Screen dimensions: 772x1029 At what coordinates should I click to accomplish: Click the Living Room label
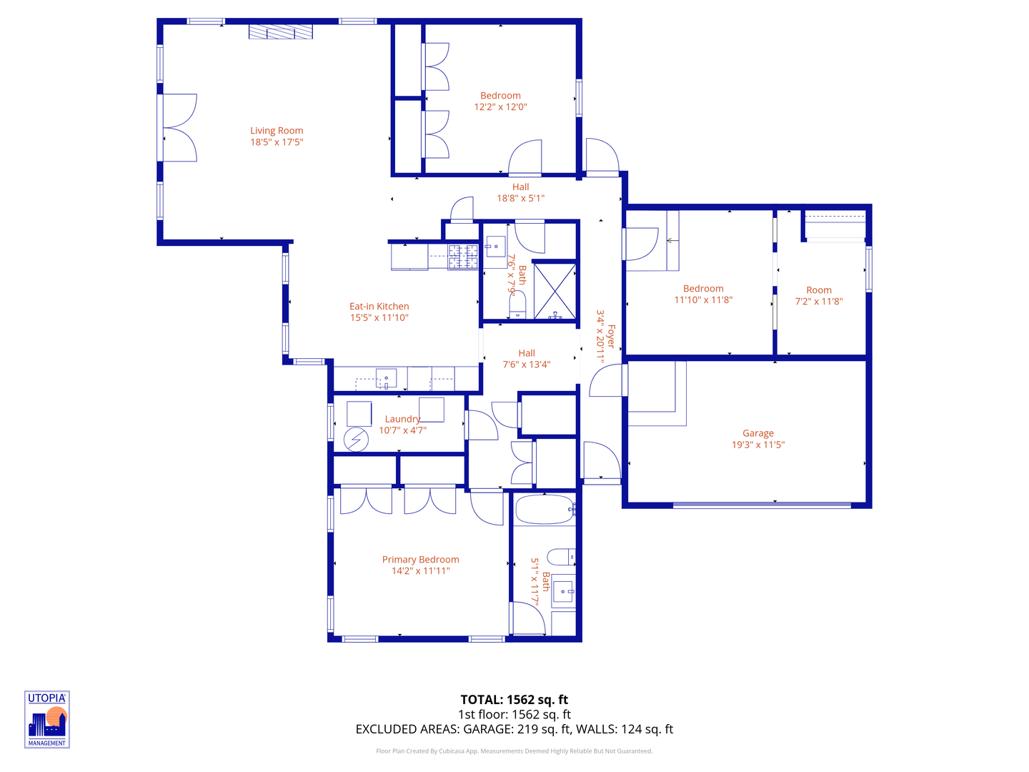click(277, 131)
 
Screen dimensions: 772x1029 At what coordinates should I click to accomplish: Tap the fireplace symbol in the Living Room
click(281, 32)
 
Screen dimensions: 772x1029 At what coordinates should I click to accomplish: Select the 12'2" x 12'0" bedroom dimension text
click(500, 107)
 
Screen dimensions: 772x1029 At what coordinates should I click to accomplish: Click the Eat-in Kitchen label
click(379, 307)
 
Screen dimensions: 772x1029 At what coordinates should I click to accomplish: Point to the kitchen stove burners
click(463, 257)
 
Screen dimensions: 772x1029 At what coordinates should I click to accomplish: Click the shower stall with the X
click(555, 291)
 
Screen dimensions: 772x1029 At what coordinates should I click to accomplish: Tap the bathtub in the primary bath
click(544, 510)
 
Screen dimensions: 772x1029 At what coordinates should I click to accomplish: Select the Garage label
click(757, 433)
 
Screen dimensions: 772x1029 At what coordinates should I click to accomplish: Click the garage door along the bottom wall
click(762, 505)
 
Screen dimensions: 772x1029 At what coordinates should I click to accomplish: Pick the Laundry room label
click(402, 420)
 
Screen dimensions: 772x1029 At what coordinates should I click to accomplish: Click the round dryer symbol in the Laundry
click(355, 440)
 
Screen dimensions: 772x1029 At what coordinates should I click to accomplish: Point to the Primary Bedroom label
click(420, 560)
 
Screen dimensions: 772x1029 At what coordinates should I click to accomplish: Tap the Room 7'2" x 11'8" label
click(819, 295)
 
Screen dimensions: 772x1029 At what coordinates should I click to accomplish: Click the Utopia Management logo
click(47, 719)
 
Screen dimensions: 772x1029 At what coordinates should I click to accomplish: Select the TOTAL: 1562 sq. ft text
click(514, 700)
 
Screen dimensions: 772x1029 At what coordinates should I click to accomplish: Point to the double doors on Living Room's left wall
click(179, 127)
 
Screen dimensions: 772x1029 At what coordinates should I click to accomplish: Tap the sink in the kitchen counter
click(386, 378)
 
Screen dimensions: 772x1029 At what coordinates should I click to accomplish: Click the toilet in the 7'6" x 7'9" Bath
click(517, 306)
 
